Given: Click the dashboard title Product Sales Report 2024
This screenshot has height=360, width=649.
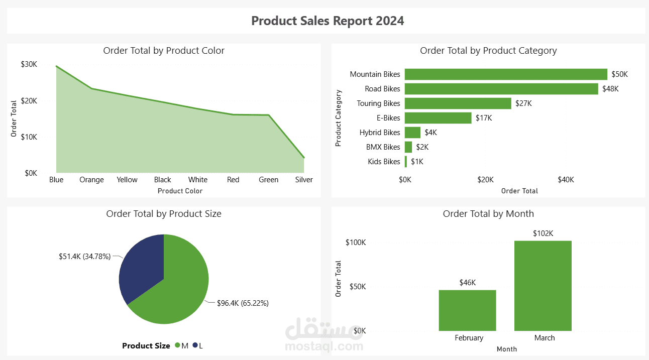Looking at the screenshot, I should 328,21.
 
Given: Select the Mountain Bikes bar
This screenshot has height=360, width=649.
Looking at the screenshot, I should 506,74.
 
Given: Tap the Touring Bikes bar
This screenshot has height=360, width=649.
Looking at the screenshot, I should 458,103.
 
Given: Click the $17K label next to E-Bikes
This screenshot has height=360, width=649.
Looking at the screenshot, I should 484,118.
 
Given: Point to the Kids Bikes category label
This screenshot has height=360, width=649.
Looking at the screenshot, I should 384,162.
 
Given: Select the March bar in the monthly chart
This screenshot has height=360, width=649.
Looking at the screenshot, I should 543,286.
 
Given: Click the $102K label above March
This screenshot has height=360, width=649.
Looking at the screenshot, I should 543,233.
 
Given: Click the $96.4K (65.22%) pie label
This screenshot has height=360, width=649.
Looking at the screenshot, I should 243,303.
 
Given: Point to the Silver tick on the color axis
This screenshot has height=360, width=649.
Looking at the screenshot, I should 304,180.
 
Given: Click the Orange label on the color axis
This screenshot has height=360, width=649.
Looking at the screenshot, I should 91,180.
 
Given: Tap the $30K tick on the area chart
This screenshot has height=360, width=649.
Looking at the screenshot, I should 29,64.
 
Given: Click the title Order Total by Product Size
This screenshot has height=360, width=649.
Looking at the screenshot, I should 164,213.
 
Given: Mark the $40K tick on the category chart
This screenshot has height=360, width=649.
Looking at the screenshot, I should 566,180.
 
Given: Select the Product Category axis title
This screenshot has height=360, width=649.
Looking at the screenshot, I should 338,118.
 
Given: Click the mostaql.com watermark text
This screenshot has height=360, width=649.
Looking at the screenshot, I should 323,346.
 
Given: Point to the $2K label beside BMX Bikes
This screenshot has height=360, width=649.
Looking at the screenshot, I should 422,147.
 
